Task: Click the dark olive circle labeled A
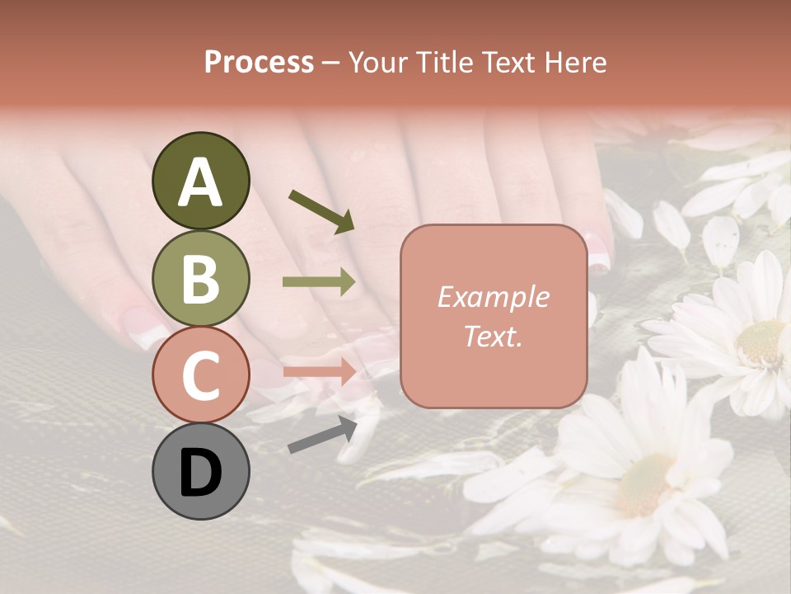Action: click(200, 181)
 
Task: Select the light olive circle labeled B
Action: click(200, 278)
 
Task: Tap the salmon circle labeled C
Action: click(200, 375)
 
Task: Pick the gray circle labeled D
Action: click(200, 471)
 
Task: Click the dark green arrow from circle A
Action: click(321, 210)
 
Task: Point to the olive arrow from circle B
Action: click(319, 282)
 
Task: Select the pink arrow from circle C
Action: click(319, 372)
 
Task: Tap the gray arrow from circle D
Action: click(322, 435)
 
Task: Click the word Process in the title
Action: click(259, 62)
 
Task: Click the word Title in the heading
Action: click(445, 62)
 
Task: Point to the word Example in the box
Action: click(493, 297)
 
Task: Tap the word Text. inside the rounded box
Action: click(493, 336)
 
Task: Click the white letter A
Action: click(200, 182)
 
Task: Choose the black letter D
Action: click(200, 473)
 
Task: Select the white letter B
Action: click(200, 279)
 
